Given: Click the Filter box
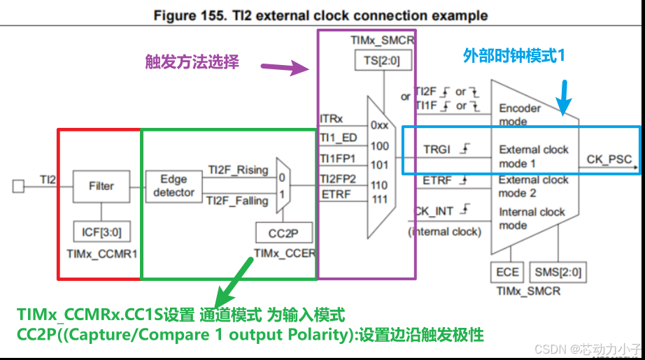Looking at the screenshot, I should coord(101,186).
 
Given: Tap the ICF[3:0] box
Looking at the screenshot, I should coord(101,231).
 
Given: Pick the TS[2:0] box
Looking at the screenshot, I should coord(383,60).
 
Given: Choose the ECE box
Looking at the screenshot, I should coord(508,273).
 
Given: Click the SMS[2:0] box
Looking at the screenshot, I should coord(558,273).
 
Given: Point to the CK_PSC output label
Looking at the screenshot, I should coord(609,160).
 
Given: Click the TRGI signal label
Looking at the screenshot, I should coord(437,150).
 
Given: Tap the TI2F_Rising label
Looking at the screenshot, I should coord(238,170).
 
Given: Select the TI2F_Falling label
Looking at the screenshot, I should coord(238,201).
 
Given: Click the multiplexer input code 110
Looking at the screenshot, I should coord(380,185).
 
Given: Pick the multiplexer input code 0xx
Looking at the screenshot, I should coord(380,125).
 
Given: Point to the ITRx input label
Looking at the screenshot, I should coord(332,120).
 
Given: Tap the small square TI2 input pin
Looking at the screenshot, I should coord(19,186).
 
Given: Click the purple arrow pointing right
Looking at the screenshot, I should coord(285,68).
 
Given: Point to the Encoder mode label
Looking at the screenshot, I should coord(520,114).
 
